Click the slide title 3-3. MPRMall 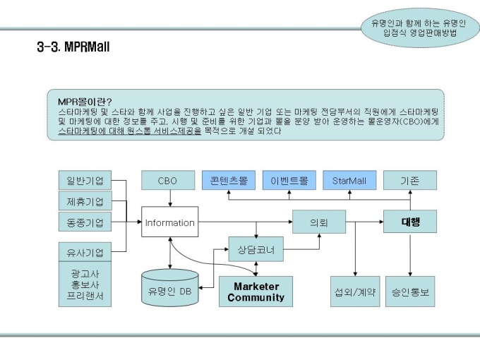click(x=73, y=47)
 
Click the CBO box click(x=167, y=181)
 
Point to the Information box click(x=169, y=223)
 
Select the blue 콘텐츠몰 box click(x=228, y=181)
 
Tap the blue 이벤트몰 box click(x=289, y=181)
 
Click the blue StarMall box click(x=349, y=181)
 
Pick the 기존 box click(x=410, y=181)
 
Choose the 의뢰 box click(x=320, y=223)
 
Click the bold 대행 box click(x=410, y=222)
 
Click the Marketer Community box click(x=256, y=292)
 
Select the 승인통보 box click(x=410, y=292)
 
